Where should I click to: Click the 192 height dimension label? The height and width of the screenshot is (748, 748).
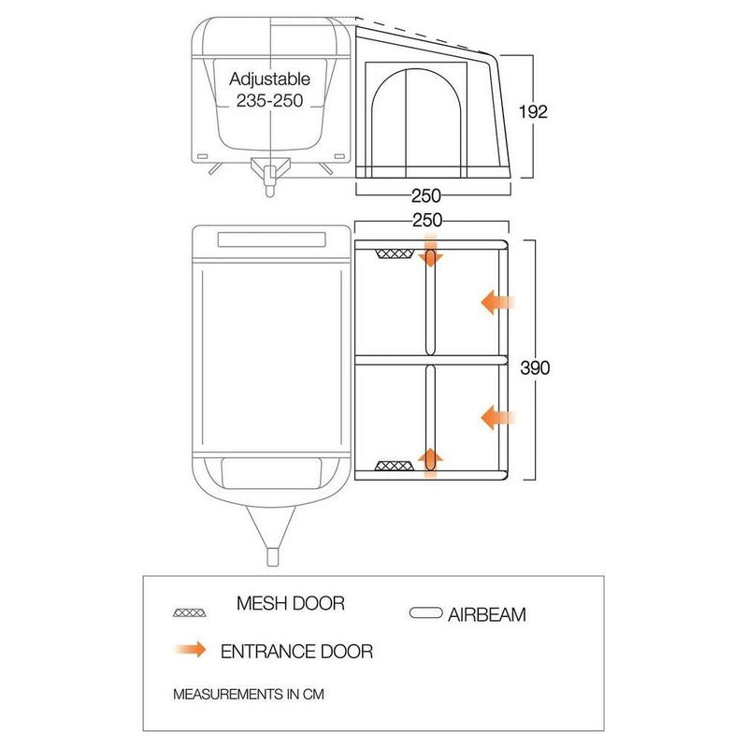533,111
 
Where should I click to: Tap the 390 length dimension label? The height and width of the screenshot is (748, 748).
535,367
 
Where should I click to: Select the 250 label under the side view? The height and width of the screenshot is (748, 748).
426,195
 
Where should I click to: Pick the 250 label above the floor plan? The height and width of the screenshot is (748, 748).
427,220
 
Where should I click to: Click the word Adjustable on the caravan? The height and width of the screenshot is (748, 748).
269,79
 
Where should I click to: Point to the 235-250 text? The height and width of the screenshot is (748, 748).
269,101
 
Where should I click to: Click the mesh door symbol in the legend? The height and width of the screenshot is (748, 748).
190,612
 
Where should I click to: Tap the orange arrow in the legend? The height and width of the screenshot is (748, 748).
191,649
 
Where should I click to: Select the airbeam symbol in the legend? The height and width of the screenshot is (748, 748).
426,613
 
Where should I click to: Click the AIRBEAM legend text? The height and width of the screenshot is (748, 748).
486,614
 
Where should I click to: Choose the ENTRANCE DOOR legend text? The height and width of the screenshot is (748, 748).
296,651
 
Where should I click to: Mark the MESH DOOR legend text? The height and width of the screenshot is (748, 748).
291,603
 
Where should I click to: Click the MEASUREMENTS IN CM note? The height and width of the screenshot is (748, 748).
249,694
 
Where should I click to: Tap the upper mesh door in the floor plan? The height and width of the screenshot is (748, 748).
395,253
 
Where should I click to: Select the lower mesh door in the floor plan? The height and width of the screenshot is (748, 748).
394,466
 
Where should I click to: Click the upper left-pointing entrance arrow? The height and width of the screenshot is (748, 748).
497,302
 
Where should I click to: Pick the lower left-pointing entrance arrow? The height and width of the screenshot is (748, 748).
497,418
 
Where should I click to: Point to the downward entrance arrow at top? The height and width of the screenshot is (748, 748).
431,251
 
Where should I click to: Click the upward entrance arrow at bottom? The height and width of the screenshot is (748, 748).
431,463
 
